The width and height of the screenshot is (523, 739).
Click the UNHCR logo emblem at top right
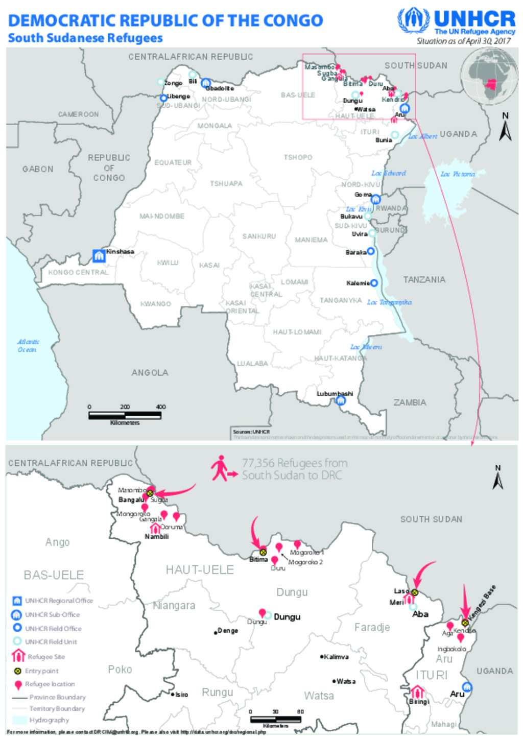point(413,21)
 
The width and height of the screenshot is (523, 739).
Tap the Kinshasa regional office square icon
point(99,255)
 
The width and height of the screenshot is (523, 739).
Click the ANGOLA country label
point(150,373)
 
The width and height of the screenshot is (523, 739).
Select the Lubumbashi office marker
point(341,401)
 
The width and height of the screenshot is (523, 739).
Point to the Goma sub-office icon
point(376,199)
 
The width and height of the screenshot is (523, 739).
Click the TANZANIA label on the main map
point(424,279)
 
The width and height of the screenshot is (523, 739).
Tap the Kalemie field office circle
point(374,283)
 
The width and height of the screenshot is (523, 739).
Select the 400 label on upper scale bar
point(161,407)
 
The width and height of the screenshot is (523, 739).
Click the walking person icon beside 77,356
point(221,468)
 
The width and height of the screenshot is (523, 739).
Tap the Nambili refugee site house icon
point(155,528)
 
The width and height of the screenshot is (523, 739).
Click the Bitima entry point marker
point(263,552)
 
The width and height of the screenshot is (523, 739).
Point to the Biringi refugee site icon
point(417,693)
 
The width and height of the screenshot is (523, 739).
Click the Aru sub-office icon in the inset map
point(466,687)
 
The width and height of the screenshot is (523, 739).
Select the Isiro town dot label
point(180,695)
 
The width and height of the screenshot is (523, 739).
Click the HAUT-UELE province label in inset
point(200,569)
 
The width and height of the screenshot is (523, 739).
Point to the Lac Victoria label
point(458,174)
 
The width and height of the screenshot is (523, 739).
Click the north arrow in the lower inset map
point(497,479)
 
